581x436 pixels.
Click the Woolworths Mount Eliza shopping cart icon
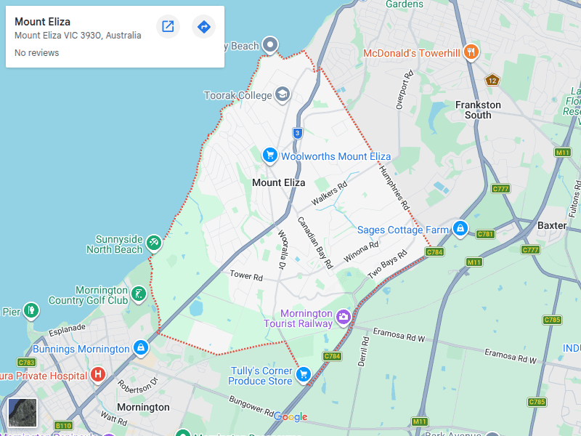tap(269, 156)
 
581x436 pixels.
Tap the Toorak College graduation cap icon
tap(282, 95)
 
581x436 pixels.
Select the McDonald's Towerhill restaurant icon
tap(471, 52)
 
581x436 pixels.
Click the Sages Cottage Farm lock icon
tap(459, 229)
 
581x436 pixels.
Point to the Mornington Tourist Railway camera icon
tap(344, 317)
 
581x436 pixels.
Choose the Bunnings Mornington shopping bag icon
tap(141, 349)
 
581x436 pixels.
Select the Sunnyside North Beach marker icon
tap(153, 243)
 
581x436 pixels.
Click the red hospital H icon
tap(98, 375)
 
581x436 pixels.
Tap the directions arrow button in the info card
tap(204, 27)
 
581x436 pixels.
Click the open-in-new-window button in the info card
tap(168, 27)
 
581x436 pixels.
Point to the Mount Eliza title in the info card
tap(43, 22)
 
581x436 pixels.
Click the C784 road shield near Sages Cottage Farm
tap(434, 251)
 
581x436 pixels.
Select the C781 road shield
tap(485, 234)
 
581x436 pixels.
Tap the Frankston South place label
tap(478, 110)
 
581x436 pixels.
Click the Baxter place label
tap(551, 225)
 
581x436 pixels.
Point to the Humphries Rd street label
tap(394, 186)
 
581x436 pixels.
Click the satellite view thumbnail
tap(22, 413)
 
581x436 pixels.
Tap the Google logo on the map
tap(290, 416)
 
